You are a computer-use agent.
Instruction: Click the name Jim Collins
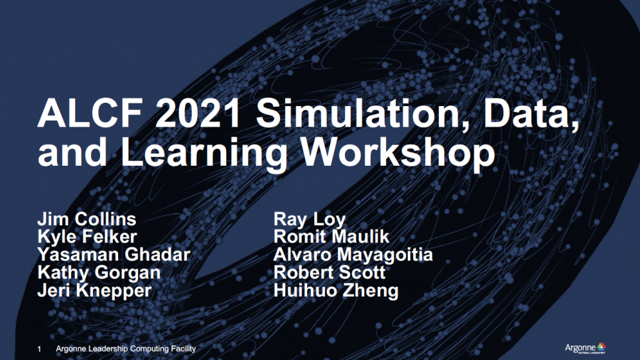tap(86, 219)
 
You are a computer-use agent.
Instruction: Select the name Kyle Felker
tap(87, 237)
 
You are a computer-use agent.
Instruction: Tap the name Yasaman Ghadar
tap(114, 255)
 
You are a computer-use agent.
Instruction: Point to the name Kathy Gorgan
tap(99, 273)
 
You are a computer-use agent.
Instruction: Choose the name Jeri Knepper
tap(94, 291)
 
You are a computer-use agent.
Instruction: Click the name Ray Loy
tap(309, 219)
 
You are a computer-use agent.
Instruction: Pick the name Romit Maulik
tap(332, 237)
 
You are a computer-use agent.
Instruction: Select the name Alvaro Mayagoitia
tap(353, 255)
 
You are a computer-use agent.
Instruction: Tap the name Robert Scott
tap(330, 272)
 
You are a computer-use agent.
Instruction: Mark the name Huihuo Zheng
tap(336, 291)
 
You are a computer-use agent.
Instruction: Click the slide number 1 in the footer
tap(39, 349)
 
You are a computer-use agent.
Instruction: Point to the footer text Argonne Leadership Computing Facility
tap(126, 349)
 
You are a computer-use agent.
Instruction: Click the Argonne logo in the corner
tap(586, 348)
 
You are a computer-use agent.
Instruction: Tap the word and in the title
tap(72, 152)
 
